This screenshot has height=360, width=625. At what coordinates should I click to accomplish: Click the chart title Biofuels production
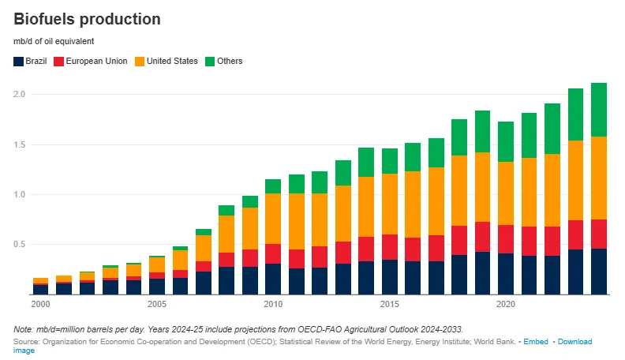coord(87,19)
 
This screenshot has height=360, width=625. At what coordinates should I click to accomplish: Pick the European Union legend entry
coord(95,61)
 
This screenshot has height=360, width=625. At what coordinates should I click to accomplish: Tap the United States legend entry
coord(172,61)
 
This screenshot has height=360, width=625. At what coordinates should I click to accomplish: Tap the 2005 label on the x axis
coord(156,304)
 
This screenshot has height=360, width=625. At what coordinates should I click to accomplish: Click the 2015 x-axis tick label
coord(389,304)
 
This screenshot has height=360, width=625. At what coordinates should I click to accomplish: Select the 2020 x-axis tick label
coord(506,304)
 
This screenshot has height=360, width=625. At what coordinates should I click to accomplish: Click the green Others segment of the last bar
coord(599,110)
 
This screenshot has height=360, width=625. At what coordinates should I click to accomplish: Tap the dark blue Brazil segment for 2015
coord(389,277)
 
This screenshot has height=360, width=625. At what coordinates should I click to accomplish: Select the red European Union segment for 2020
coord(506,239)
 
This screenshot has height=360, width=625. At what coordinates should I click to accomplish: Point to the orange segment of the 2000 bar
coord(40,280)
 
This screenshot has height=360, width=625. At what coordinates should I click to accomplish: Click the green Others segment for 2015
coord(389,161)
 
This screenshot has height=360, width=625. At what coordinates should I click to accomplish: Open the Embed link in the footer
coord(536,342)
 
